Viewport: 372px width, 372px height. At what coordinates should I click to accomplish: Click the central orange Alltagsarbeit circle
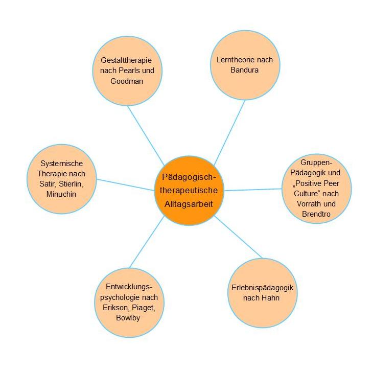190,190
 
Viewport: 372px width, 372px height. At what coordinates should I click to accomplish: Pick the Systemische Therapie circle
62,179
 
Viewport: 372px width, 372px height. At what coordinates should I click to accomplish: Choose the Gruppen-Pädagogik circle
317,190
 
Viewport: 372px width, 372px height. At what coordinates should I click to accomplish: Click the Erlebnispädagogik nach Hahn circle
262,293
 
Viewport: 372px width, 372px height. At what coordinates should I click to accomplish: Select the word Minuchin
62,194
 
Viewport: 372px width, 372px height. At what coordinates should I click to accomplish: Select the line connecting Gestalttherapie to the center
146,132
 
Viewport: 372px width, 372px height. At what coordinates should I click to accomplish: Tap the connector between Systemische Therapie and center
126,185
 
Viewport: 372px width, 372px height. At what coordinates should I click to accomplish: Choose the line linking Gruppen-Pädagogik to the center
253,190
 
